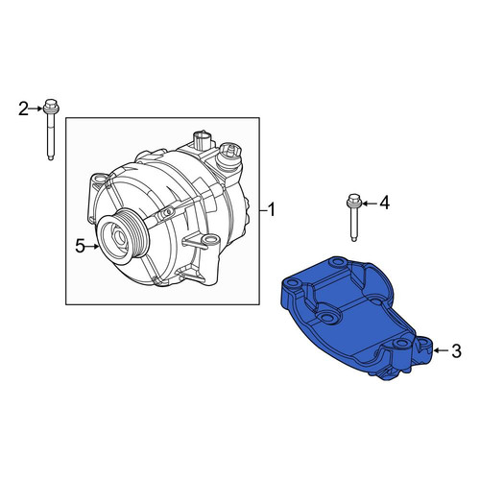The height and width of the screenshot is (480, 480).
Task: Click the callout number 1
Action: [271, 210]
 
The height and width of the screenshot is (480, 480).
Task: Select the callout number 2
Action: [23, 108]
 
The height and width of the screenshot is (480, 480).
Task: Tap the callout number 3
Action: [456, 350]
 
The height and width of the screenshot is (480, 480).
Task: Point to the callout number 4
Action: [384, 203]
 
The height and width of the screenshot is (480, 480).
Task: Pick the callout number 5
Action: [80, 246]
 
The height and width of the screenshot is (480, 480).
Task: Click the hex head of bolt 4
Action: [353, 200]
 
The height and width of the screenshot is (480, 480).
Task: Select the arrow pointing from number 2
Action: [36, 108]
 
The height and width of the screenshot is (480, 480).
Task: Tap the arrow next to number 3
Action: [442, 350]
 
